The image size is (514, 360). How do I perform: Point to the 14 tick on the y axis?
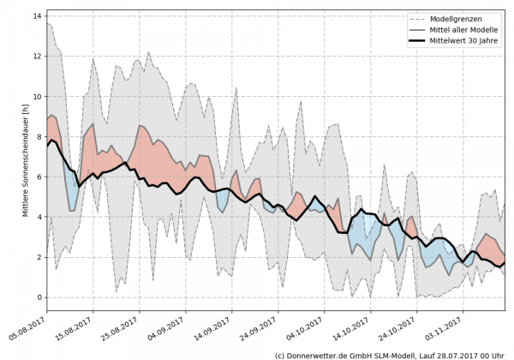(x=39, y=15)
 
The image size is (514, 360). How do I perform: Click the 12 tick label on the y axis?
(x=39, y=56)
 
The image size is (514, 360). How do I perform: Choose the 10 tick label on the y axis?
(x=39, y=96)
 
